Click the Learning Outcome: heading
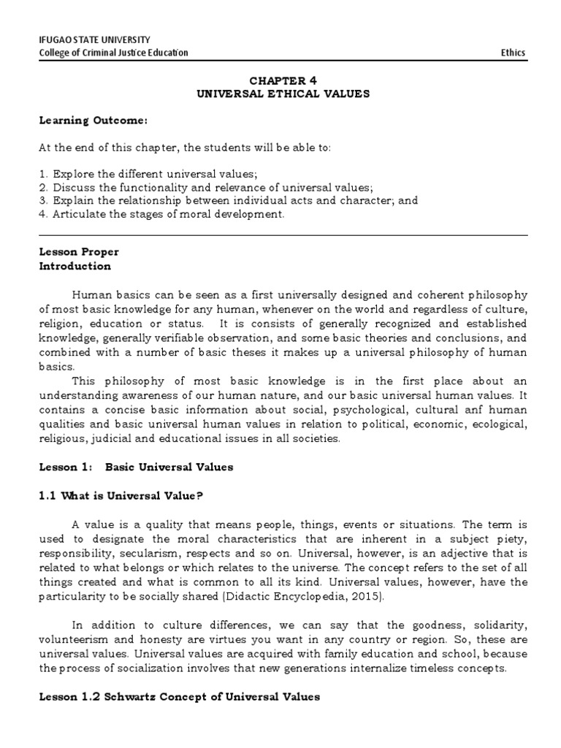pyautogui.click(x=83, y=120)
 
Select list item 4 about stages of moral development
pyautogui.click(x=161, y=214)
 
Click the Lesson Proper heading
pyautogui.click(x=78, y=252)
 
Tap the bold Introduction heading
pyautogui.click(x=75, y=266)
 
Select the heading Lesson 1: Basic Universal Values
pyautogui.click(x=136, y=467)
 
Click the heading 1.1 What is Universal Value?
pyautogui.click(x=121, y=496)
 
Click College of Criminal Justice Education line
pyautogui.click(x=113, y=53)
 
